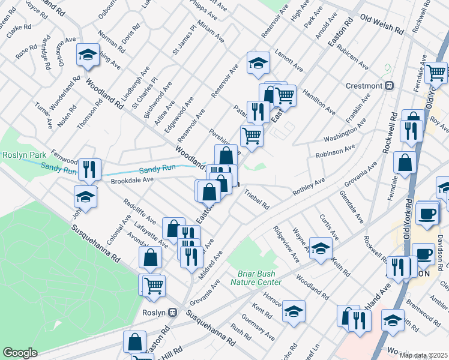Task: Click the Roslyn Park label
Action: (x=21, y=155)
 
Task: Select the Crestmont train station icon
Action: (x=390, y=85)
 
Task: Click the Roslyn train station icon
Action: (x=173, y=312)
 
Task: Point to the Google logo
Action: (x=20, y=353)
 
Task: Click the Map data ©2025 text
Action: (x=423, y=355)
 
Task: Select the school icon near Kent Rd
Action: (x=294, y=311)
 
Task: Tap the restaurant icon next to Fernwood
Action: (x=89, y=169)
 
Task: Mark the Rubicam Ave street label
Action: (x=353, y=58)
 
